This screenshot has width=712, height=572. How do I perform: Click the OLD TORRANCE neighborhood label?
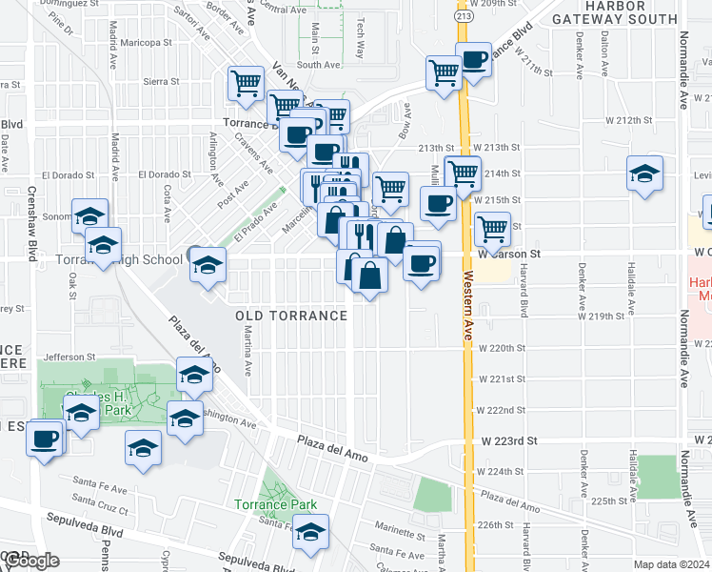coord(292,316)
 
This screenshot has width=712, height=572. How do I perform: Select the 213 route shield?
coord(462,16)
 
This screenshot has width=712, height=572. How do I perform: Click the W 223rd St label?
coord(509,441)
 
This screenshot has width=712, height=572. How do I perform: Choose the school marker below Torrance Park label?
coord(309,532)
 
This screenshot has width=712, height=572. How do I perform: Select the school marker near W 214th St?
coord(645,174)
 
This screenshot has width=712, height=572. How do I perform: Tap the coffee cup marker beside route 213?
coord(473,59)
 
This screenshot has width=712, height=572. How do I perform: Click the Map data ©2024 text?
coord(672,564)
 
